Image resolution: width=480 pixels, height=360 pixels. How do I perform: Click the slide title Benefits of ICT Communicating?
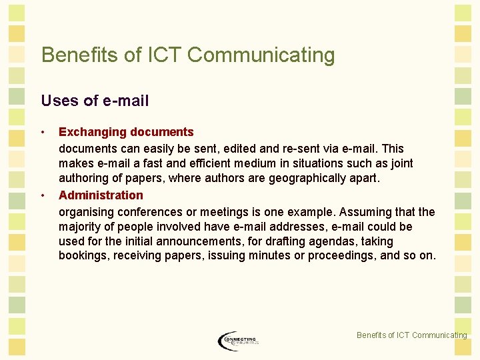pos(188,55)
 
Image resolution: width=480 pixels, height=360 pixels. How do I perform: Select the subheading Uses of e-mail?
pos(95,101)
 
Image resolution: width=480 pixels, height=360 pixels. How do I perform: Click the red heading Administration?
pos(101,195)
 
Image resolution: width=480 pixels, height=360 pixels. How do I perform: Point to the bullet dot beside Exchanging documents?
pos(43,132)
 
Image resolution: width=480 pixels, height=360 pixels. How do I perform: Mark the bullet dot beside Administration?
pos(43,195)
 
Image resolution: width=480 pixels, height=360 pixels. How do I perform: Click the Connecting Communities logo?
pos(238,341)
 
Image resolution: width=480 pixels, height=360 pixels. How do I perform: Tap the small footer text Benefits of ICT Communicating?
pos(411,335)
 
